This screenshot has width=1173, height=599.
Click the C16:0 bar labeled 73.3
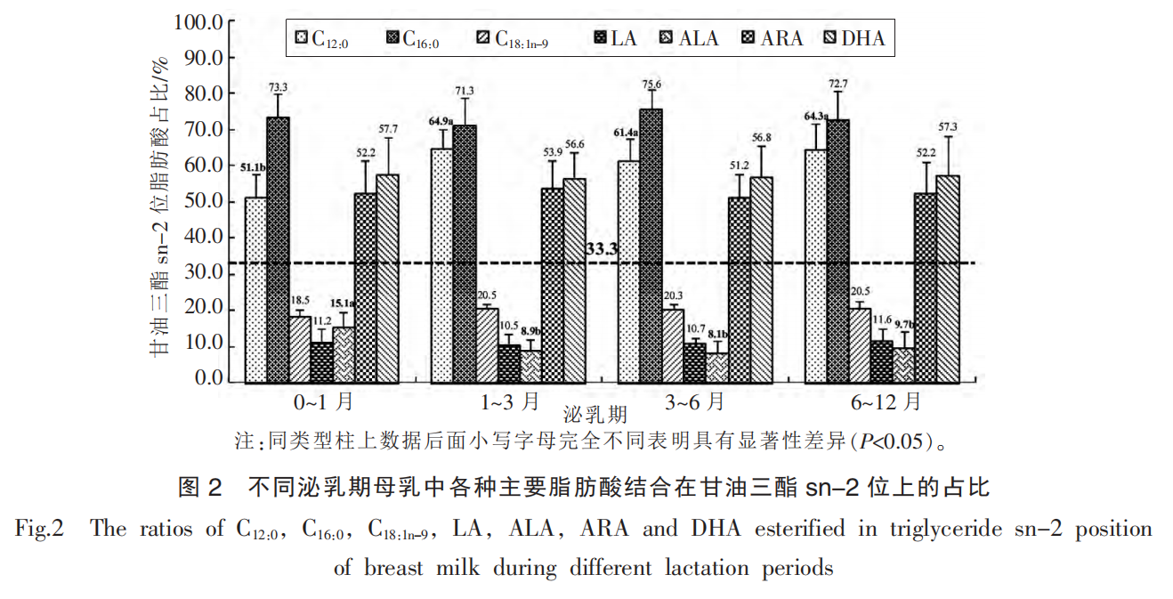click(x=278, y=250)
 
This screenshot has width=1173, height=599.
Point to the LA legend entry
click(x=614, y=38)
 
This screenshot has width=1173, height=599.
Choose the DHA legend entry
click(x=852, y=38)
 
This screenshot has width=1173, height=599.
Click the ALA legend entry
click(x=689, y=38)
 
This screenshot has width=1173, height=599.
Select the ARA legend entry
click(x=771, y=38)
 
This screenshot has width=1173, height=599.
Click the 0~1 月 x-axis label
click(x=325, y=402)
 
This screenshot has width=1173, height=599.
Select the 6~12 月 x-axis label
click(x=885, y=402)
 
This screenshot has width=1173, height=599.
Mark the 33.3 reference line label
click(x=603, y=250)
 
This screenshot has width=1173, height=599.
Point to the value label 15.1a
click(x=344, y=304)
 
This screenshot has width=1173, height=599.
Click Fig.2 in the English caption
click(x=40, y=530)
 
